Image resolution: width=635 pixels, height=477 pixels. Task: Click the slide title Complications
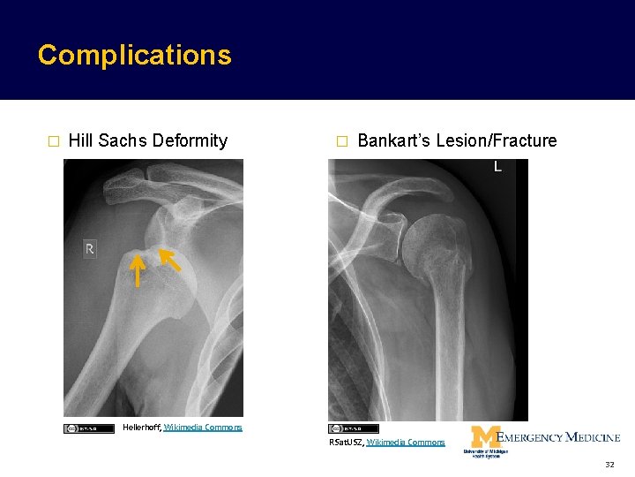tap(134, 55)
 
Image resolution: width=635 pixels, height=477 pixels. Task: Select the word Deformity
tap(190, 140)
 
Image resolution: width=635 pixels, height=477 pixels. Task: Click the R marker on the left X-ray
tap(89, 250)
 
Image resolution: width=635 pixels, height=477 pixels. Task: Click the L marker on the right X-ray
tap(497, 166)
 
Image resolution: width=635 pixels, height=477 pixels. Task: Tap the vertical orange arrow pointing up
tap(137, 269)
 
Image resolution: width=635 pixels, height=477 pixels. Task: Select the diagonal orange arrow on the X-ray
tap(169, 260)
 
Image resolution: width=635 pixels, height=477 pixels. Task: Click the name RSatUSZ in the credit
tap(346, 442)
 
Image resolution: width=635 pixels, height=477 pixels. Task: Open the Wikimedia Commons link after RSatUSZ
tap(406, 442)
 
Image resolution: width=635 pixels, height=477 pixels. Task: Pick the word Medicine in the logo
tap(593, 436)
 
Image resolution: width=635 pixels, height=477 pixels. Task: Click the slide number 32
tap(609, 464)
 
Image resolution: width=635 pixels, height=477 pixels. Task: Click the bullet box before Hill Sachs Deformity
tap(53, 141)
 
